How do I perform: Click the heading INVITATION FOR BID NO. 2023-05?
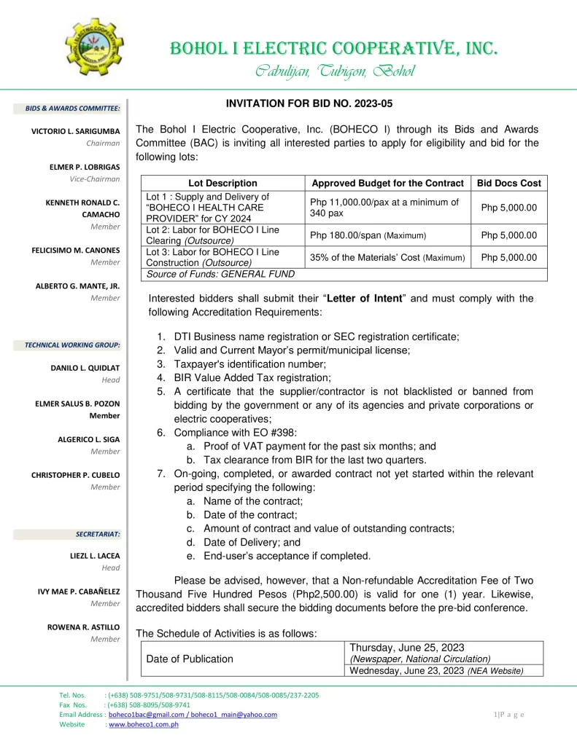pos(309,104)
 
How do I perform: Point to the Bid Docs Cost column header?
pos(508,183)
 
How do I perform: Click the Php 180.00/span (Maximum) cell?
pos(368,235)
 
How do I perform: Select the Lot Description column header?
pos(222,183)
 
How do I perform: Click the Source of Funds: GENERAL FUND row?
pos(221,274)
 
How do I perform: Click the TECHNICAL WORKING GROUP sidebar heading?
pos(72,345)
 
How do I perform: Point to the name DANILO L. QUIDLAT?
pos(85,368)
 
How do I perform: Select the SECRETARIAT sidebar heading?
pos(97,534)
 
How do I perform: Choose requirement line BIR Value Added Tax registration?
pos(252,377)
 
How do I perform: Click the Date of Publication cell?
pos(190,659)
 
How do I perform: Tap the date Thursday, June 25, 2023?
pos(407,648)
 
